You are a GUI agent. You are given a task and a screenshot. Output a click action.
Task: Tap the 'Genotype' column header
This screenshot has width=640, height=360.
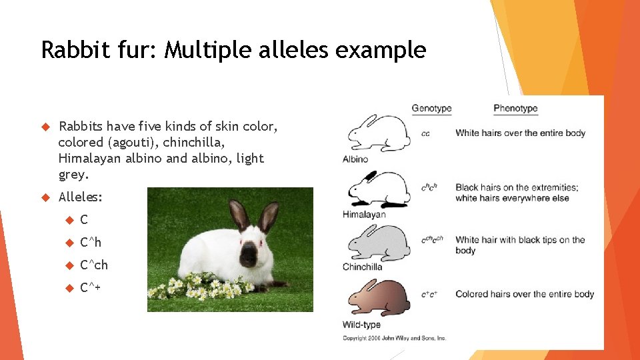(431, 109)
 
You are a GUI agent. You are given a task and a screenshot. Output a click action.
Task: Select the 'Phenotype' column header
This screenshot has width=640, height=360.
(515, 109)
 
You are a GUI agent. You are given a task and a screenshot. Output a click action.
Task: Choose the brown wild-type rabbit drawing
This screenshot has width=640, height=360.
(378, 297)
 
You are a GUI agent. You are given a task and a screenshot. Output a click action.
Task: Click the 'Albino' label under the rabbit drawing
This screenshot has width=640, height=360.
(355, 159)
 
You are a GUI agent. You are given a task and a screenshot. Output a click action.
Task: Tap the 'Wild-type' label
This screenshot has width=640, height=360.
(362, 325)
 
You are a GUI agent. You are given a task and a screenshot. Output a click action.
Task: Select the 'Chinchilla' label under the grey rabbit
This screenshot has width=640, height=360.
(363, 267)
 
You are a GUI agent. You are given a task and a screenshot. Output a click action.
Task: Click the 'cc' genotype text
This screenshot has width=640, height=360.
(425, 134)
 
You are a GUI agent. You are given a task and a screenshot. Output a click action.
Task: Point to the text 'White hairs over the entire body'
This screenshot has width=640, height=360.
(520, 133)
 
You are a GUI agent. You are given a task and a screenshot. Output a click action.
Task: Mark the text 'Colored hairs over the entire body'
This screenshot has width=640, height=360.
(525, 294)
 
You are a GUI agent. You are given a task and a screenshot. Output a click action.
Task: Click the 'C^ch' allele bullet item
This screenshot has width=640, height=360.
(94, 265)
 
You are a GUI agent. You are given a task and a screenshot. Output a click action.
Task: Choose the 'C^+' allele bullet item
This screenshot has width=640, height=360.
(90, 288)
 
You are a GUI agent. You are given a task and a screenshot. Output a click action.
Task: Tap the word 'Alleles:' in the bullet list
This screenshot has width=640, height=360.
(81, 197)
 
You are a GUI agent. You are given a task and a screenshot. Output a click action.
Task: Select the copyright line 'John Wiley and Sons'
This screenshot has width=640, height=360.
(395, 339)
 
